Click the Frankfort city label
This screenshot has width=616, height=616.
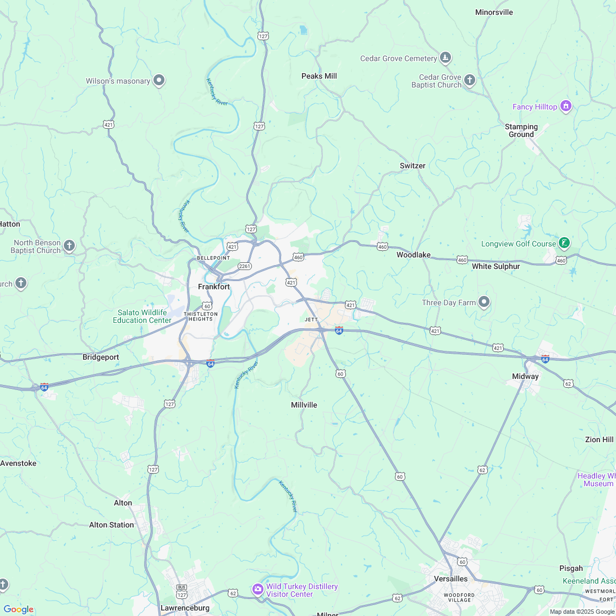point(214,287)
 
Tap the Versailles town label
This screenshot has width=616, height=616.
point(450,579)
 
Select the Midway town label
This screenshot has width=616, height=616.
point(525,376)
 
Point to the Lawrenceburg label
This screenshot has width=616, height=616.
point(185,608)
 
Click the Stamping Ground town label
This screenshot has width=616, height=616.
point(521,130)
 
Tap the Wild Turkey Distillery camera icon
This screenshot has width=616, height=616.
point(257,590)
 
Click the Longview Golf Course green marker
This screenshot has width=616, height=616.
point(563,243)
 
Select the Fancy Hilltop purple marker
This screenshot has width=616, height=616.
point(565,106)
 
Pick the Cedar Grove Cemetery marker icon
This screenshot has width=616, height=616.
point(446,58)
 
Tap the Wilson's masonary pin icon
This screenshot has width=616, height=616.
point(159,81)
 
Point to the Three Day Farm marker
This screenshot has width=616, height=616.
point(484,302)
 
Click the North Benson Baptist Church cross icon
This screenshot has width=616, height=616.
point(69,246)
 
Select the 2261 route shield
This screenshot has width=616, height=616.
point(245,266)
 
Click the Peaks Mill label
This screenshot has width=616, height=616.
point(319,76)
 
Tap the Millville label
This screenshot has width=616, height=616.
point(304,405)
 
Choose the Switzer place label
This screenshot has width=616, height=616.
point(413,166)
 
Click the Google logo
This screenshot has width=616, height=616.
point(18,609)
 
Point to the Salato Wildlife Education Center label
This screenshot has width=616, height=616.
point(142,316)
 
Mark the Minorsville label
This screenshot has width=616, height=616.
point(494,12)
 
